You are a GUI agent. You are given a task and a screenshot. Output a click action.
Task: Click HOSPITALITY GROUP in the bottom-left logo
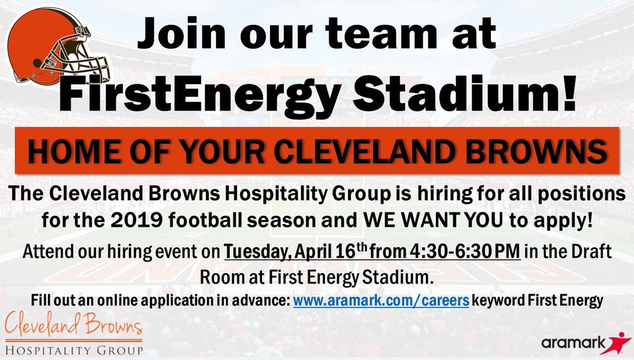(73, 348)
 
